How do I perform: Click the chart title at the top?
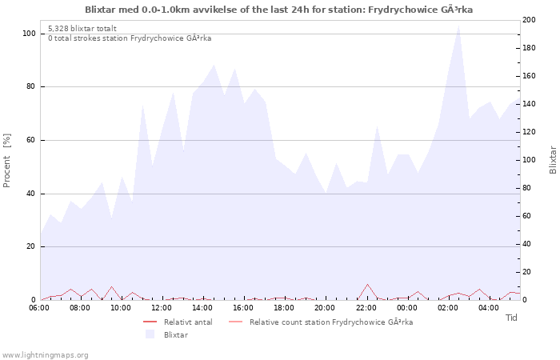coord(278,10)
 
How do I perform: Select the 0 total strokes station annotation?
coord(130,38)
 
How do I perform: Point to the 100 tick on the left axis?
coord(29,34)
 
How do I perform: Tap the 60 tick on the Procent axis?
coord(30,140)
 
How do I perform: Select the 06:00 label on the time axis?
coord(39,307)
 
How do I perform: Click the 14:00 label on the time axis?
coord(202,307)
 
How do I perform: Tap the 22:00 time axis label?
coord(366,307)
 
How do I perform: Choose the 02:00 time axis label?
coord(448,307)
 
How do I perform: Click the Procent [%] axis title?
coord(7,160)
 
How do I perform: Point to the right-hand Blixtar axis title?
coord(553,160)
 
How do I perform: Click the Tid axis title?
coord(512,318)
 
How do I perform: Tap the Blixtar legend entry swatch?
coord(150,334)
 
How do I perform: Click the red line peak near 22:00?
coord(368,284)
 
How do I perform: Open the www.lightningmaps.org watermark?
coord(45,354)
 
